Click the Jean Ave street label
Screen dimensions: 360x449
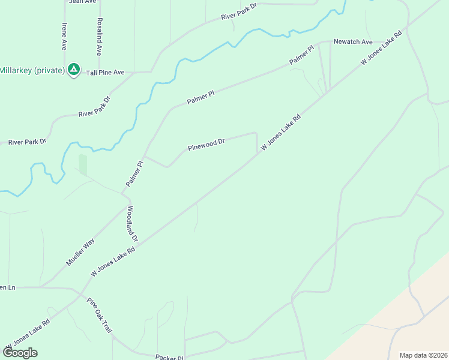click(83, 2)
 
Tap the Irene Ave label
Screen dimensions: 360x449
click(64, 37)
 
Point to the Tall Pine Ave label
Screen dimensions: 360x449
click(105, 72)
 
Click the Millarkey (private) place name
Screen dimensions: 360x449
click(32, 70)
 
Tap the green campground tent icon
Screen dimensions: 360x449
click(73, 70)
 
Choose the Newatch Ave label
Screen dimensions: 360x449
click(353, 42)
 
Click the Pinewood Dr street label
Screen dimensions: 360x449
click(206, 145)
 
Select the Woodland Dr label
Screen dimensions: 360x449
click(132, 224)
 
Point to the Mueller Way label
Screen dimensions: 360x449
click(80, 252)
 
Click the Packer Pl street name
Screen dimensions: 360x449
click(169, 357)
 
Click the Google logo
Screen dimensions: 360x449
click(20, 353)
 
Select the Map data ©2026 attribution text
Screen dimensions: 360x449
click(423, 355)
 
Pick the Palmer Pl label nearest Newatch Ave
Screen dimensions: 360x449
click(301, 55)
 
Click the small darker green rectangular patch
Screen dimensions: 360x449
click(83, 165)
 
